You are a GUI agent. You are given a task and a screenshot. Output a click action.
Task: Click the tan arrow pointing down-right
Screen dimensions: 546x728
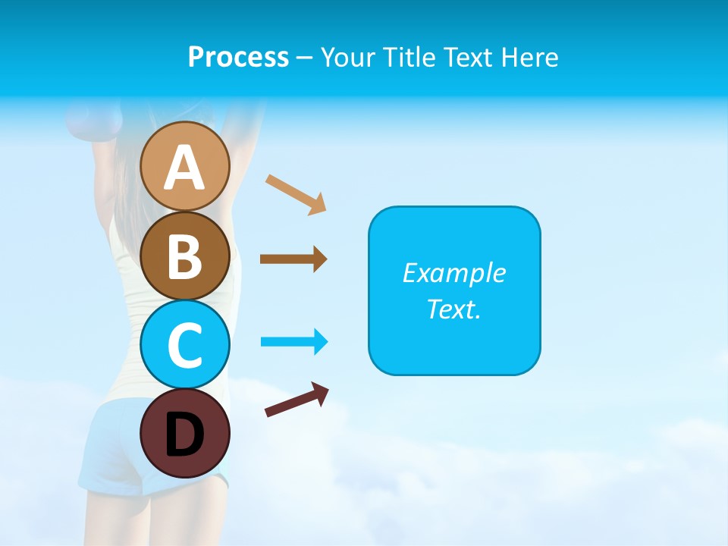296,194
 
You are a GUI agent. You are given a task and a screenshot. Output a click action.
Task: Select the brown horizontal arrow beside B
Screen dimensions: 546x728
293,259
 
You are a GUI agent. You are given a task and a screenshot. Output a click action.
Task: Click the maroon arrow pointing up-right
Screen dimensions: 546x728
297,400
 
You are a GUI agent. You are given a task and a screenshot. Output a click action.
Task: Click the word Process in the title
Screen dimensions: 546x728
238,57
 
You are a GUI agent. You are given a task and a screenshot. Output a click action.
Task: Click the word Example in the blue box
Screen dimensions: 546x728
453,273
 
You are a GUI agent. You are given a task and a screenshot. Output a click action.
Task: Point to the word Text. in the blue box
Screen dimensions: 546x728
453,309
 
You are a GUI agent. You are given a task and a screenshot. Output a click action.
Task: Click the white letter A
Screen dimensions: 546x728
185,168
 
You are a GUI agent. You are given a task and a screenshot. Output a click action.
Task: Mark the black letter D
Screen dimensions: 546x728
185,435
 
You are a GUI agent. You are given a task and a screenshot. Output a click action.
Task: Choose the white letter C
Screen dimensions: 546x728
185,345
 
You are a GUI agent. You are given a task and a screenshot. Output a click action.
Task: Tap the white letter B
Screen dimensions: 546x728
185,256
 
